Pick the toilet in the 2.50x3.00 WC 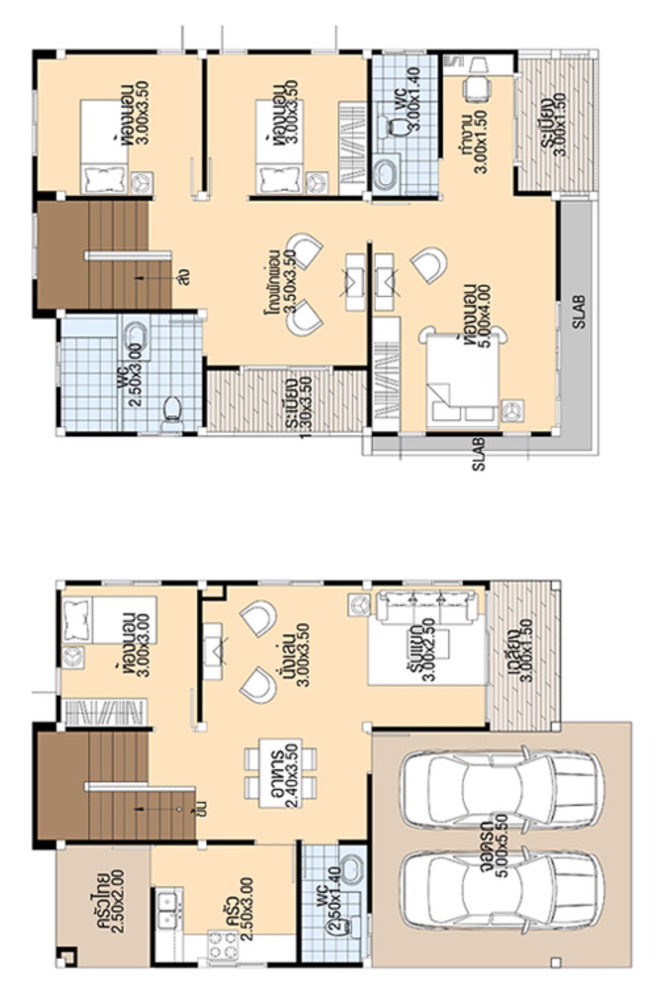coord(172,410)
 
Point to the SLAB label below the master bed coord(478,454)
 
